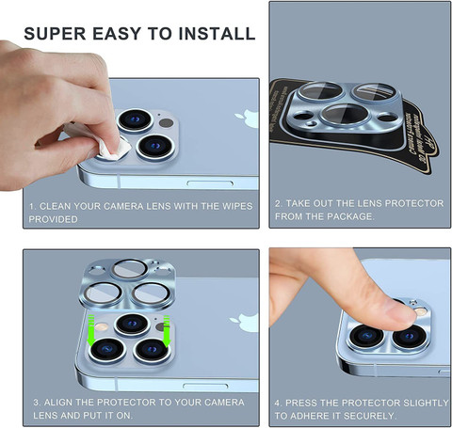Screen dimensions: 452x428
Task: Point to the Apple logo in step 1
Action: pyautogui.click(x=247, y=119)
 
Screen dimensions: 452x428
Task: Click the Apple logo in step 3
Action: pyautogui.click(x=244, y=323)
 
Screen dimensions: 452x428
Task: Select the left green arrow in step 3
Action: pyautogui.click(x=91, y=330)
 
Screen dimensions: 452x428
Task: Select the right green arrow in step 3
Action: pyautogui.click(x=167, y=331)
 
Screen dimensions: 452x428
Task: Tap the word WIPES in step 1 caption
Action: pyautogui.click(x=237, y=206)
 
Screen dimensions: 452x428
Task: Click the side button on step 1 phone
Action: pyautogui.click(x=210, y=183)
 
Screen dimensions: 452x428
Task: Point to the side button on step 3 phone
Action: pyautogui.click(x=205, y=386)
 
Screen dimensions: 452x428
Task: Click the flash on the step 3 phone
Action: pyautogui.click(x=102, y=327)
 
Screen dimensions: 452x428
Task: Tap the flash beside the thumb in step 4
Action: pyautogui.click(x=421, y=311)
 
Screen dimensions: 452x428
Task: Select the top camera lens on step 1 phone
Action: pyautogui.click(x=136, y=119)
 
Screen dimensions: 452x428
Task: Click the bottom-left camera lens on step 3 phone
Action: pyautogui.click(x=107, y=349)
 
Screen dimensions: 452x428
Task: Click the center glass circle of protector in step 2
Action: pyautogui.click(x=344, y=115)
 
